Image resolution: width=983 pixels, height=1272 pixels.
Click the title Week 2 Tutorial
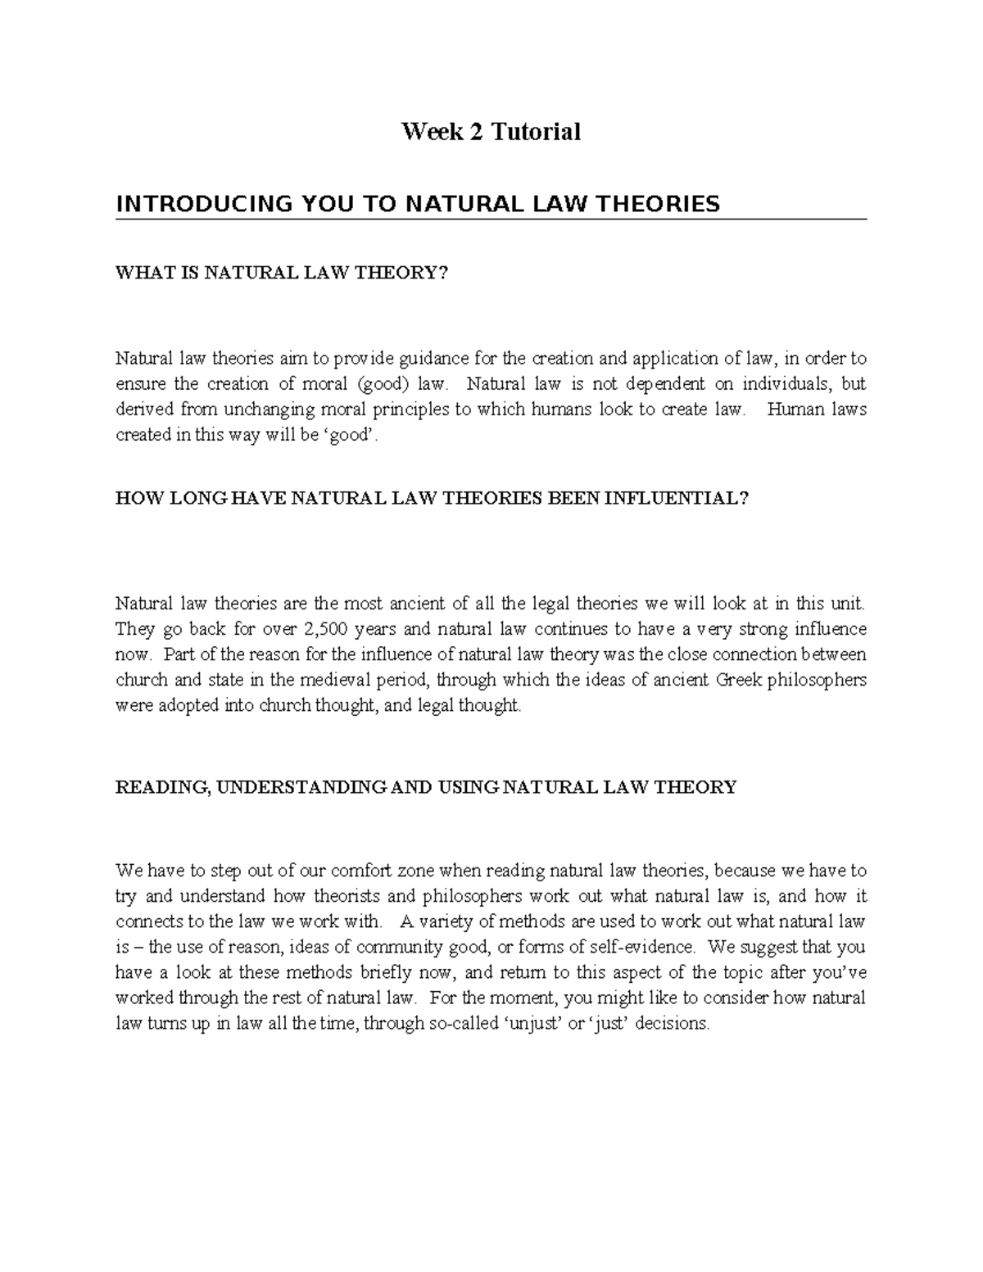(x=491, y=131)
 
